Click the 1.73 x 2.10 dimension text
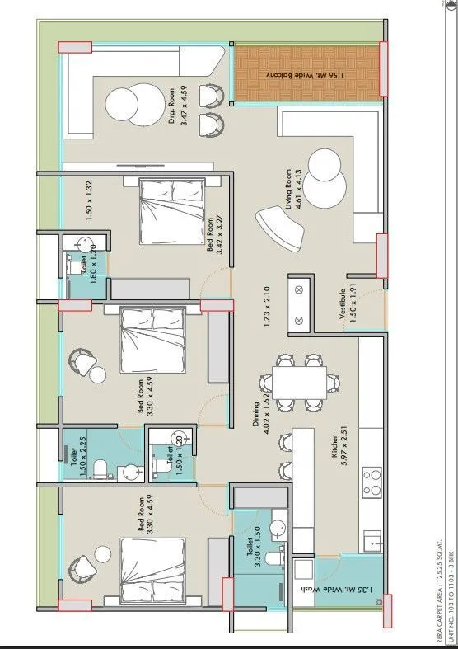pos(268,308)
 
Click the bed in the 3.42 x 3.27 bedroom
pos(172,210)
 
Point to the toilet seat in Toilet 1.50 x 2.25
pos(99,469)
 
